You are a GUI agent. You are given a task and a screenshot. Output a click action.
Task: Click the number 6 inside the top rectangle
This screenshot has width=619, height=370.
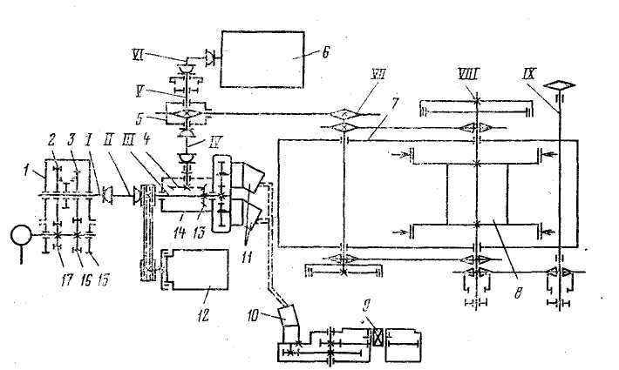[x=302, y=53]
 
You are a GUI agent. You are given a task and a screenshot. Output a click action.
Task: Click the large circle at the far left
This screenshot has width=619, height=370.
[x=17, y=235]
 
